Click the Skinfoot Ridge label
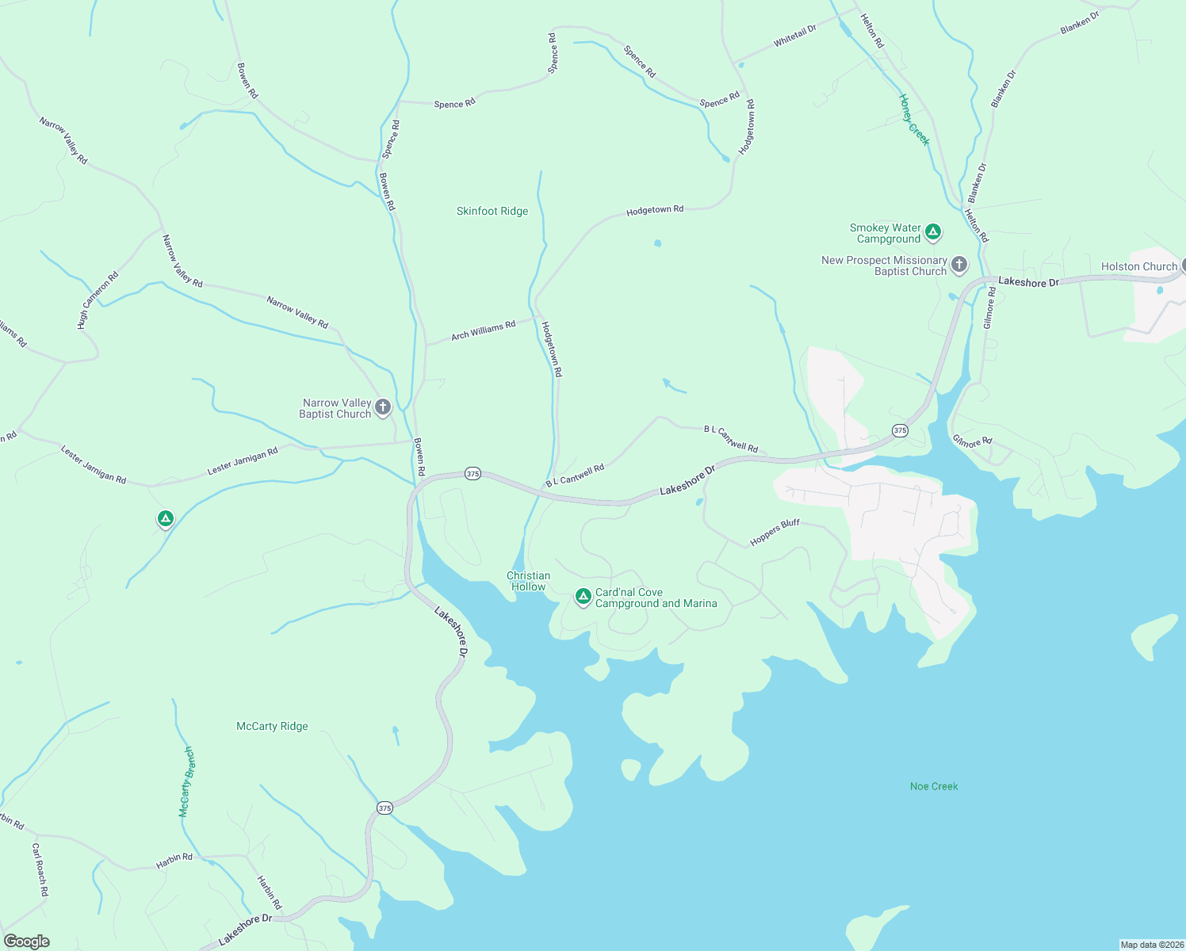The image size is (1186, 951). pos(492,211)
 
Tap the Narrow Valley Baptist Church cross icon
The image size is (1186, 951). pos(383,407)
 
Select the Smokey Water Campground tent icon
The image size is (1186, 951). pos(933,232)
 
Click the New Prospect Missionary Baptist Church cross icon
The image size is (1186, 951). pos(958,265)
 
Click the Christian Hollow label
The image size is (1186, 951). pos(528,581)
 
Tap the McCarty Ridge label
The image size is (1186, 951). pos(272,726)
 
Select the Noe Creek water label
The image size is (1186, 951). pos(934,786)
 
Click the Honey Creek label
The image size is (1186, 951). pos(913,120)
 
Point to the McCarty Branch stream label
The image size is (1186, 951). pos(186,781)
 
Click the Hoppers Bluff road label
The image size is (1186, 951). pos(775,533)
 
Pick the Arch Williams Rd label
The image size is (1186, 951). pos(483,330)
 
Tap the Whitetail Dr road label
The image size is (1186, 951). pos(794,36)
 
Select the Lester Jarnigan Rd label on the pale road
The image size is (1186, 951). pos(243,460)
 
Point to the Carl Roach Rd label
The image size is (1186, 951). pos(40,869)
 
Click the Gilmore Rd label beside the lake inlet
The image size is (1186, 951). pos(972,440)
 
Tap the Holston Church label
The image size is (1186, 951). pos(1138,266)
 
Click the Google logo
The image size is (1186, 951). pos(27,941)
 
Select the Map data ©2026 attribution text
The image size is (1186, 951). pos(1151,945)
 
